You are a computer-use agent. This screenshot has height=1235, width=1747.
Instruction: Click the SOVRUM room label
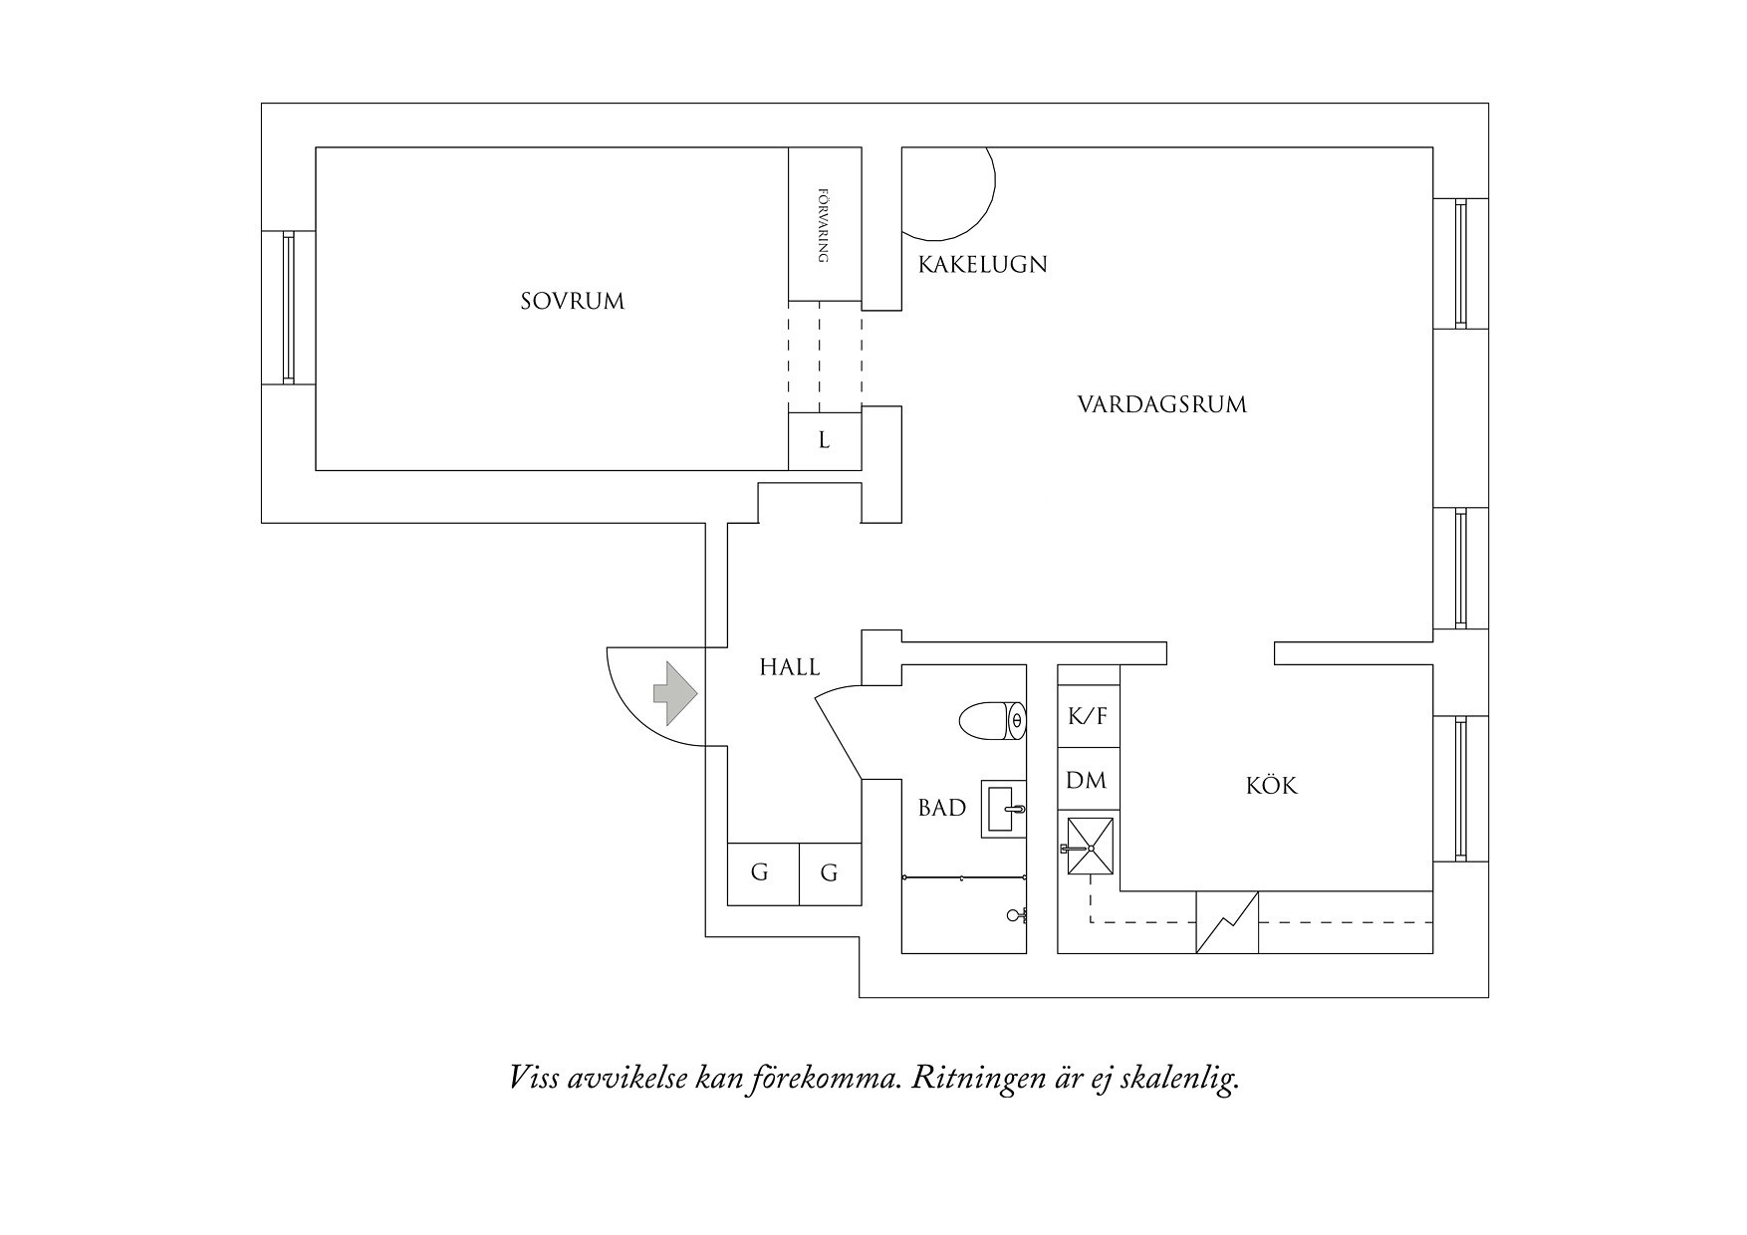tap(572, 301)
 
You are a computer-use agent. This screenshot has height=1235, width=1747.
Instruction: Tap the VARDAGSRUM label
tap(1161, 404)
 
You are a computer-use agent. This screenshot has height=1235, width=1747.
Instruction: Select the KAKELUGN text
tap(982, 265)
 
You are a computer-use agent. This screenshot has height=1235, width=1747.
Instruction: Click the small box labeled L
tap(824, 440)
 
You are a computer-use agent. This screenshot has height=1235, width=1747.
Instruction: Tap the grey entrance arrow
tap(674, 693)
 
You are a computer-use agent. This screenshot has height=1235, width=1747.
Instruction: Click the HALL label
tap(789, 667)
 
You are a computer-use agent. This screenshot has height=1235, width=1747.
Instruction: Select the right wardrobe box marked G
tap(830, 873)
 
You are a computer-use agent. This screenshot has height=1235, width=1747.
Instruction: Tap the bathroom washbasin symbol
tap(1004, 809)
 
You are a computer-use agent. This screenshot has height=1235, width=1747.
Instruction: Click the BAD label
tap(941, 808)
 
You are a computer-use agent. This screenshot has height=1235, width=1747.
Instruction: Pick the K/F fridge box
tap(1088, 716)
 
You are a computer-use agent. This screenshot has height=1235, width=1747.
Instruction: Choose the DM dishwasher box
tap(1087, 780)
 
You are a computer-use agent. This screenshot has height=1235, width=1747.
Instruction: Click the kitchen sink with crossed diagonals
tap(1091, 847)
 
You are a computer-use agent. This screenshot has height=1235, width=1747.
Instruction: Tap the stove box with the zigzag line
tap(1227, 922)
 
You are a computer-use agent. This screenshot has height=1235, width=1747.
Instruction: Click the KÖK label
tap(1272, 786)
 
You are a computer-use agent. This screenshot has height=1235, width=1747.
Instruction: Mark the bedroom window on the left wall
tap(288, 307)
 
